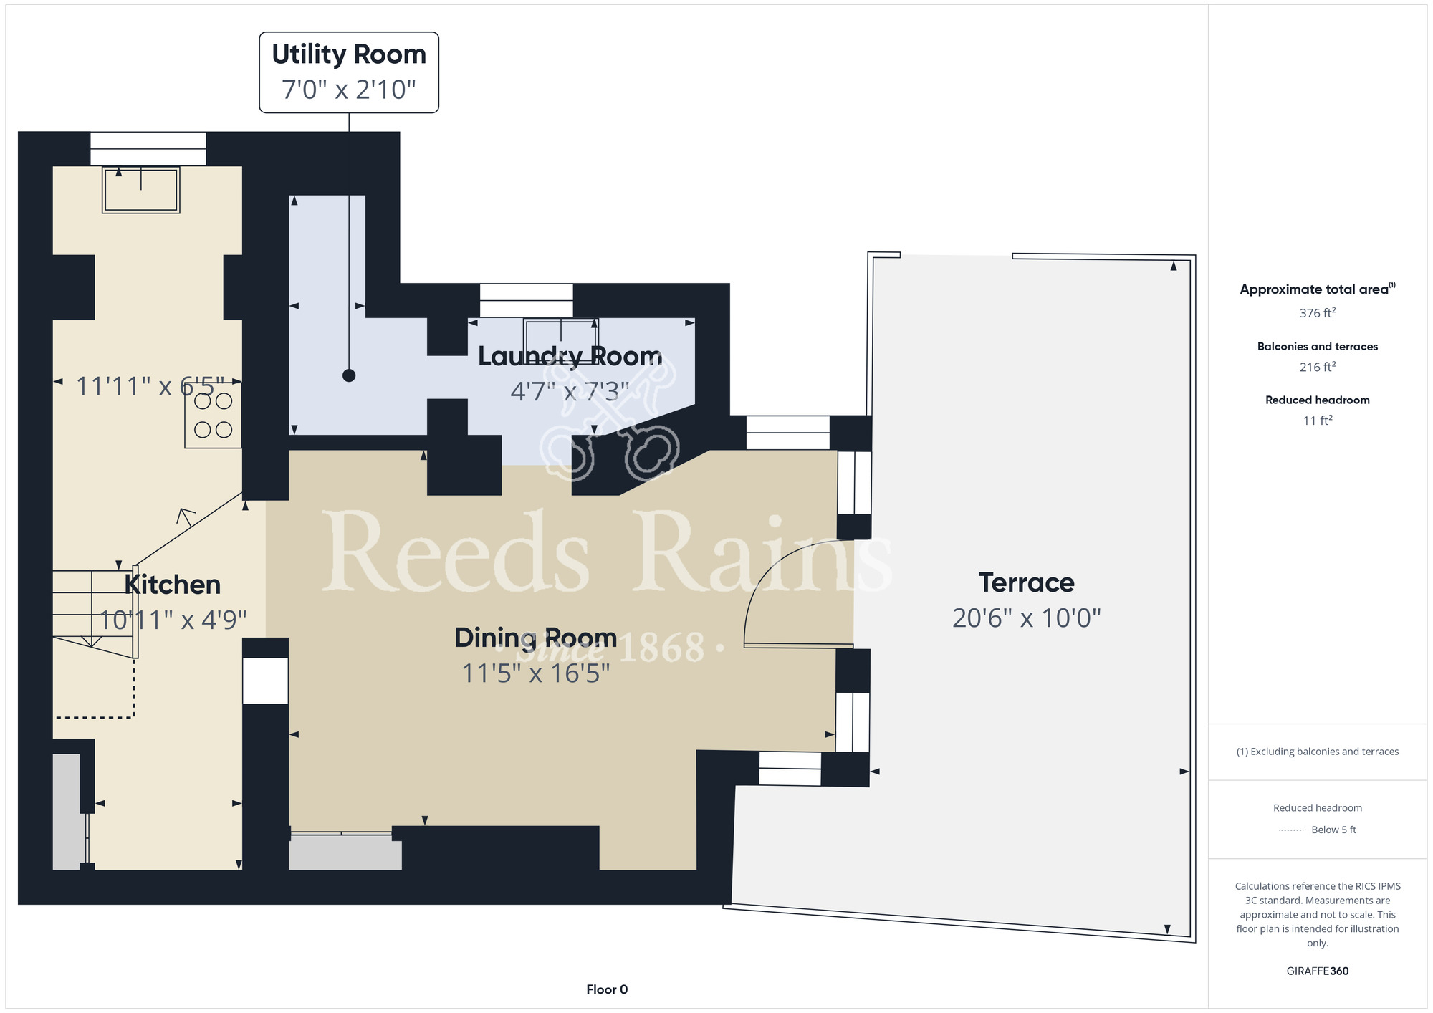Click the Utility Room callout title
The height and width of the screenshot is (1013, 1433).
click(x=349, y=54)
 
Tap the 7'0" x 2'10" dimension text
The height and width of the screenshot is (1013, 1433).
click(x=349, y=90)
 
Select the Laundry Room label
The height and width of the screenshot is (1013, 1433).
click(x=570, y=356)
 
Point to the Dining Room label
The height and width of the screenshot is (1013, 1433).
click(x=535, y=638)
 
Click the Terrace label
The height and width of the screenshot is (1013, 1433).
click(x=1026, y=582)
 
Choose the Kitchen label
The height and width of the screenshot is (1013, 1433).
click(x=173, y=585)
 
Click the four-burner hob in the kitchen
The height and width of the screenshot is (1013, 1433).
click(x=213, y=416)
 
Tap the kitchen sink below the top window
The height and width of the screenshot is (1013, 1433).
click(x=141, y=190)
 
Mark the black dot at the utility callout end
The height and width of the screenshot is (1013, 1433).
click(x=349, y=375)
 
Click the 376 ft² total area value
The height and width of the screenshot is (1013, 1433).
click(x=1317, y=313)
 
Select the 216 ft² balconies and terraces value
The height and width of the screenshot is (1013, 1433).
click(x=1317, y=367)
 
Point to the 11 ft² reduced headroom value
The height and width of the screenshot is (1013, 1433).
click(x=1317, y=421)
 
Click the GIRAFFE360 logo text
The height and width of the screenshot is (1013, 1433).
click(x=1317, y=971)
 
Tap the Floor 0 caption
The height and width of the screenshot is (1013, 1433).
click(x=607, y=989)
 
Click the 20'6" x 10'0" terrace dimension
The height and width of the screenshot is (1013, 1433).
click(x=1026, y=618)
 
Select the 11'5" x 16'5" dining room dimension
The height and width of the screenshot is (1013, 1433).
click(x=535, y=673)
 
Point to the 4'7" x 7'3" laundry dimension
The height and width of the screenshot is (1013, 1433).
click(x=570, y=391)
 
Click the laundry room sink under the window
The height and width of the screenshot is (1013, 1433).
click(x=560, y=332)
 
